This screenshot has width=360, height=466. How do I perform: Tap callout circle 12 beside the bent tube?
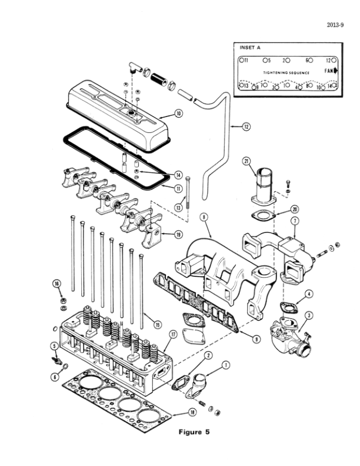point(246,126)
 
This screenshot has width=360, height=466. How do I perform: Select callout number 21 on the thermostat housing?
point(247,161)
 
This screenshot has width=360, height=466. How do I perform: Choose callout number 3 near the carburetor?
point(309,315)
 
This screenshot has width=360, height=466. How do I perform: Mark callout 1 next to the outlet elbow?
point(226,365)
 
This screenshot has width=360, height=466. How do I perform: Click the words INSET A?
point(250,47)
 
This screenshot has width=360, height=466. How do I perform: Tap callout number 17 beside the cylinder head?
point(172,335)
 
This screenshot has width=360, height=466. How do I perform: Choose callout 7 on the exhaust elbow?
point(296,221)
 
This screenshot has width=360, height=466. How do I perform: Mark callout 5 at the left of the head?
point(54,347)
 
